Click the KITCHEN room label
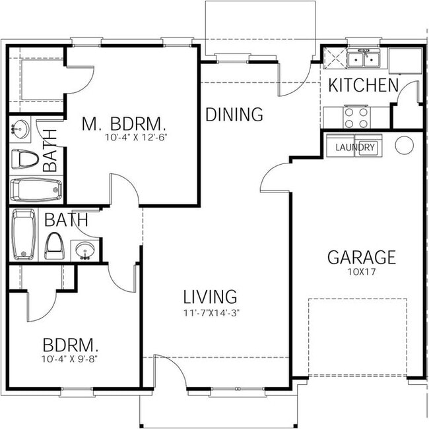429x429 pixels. [363, 85]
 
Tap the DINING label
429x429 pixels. [234, 115]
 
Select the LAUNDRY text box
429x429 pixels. [355, 148]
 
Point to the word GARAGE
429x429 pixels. [362, 257]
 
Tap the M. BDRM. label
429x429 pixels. [124, 123]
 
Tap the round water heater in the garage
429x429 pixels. [404, 144]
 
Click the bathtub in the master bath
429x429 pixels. [36, 190]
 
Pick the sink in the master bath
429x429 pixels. [20, 130]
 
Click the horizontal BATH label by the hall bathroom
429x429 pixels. [66, 219]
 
